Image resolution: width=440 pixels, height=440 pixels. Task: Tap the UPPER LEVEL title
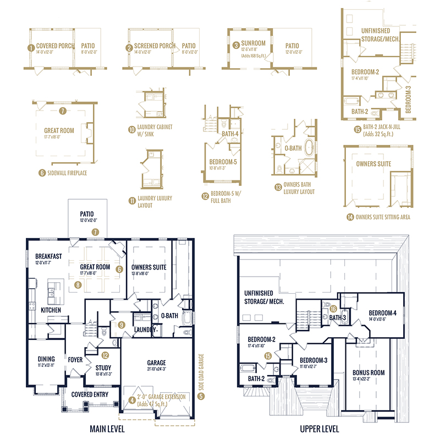319,428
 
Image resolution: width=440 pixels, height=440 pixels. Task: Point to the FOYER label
75,360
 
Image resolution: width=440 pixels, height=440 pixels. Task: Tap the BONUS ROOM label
369,372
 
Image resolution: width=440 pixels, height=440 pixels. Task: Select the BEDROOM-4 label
379,311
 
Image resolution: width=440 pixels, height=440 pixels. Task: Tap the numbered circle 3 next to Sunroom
235,45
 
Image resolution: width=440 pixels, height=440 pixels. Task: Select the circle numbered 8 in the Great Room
78,285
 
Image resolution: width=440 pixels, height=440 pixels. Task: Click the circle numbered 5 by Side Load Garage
201,395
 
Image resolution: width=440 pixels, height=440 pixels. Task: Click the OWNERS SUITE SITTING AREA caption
383,217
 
